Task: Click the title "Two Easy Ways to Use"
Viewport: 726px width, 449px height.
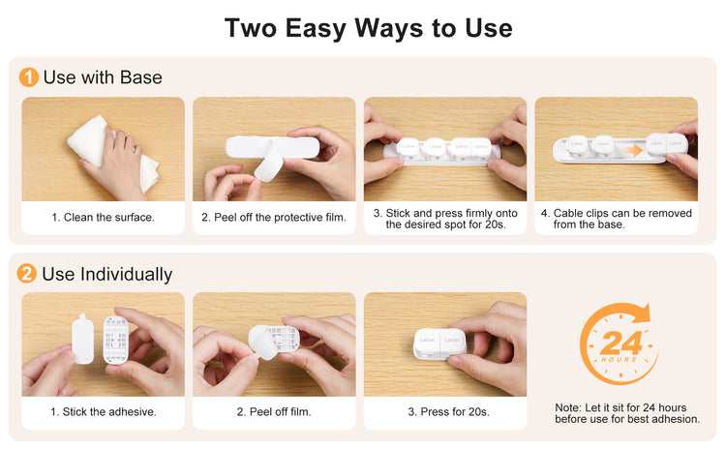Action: pyautogui.click(x=368, y=28)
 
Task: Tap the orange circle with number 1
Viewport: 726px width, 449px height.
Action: pyautogui.click(x=28, y=76)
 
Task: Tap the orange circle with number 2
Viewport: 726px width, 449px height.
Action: pyautogui.click(x=26, y=273)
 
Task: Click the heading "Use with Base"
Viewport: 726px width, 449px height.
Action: pyautogui.click(x=103, y=77)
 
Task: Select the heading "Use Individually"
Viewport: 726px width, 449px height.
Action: pyautogui.click(x=106, y=274)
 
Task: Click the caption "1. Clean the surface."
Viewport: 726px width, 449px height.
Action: pyautogui.click(x=103, y=217)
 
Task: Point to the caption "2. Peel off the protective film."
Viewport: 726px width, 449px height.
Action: pyautogui.click(x=274, y=217)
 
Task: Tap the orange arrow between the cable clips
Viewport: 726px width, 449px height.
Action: pyautogui.click(x=632, y=150)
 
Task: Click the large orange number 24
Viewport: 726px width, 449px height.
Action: pyautogui.click(x=620, y=343)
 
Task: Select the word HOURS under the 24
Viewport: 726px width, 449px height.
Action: pyautogui.click(x=620, y=359)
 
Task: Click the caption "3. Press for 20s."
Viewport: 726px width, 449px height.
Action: pyautogui.click(x=448, y=411)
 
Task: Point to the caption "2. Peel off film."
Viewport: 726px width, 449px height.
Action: pyautogui.click(x=274, y=411)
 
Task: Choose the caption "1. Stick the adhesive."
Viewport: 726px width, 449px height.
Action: pyautogui.click(x=104, y=411)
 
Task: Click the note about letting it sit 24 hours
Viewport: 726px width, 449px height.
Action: pyautogui.click(x=627, y=413)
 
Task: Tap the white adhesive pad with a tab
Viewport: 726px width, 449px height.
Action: pyautogui.click(x=83, y=339)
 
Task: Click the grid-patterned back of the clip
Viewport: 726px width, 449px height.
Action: pyautogui.click(x=116, y=340)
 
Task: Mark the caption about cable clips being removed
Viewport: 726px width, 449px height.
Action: pyautogui.click(x=617, y=219)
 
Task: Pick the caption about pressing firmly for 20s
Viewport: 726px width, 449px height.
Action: pyautogui.click(x=445, y=219)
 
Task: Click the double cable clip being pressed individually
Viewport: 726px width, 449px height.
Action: pyautogui.click(x=439, y=344)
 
